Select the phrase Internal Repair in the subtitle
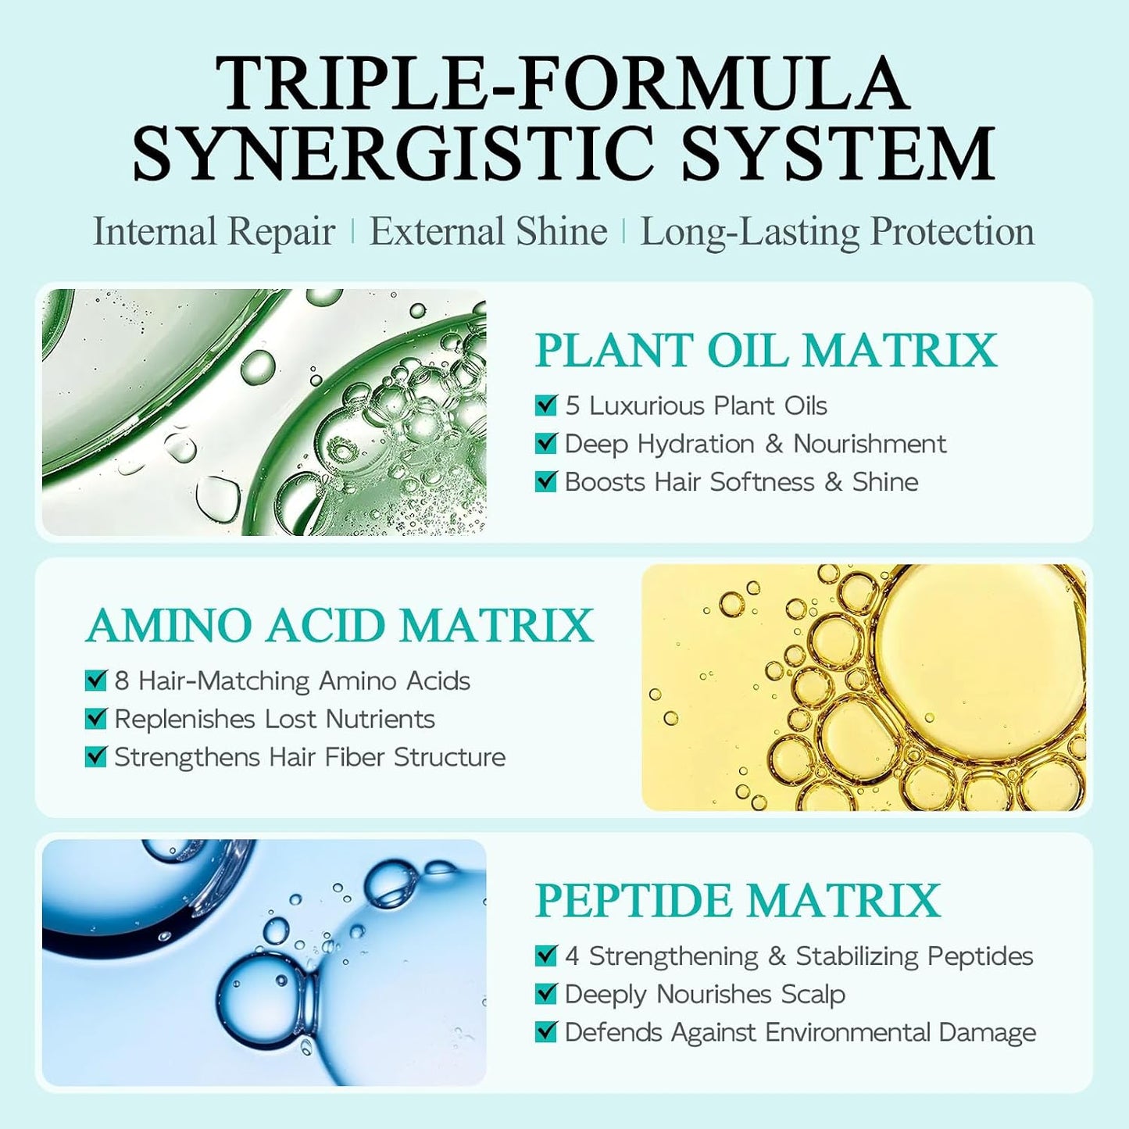pyautogui.click(x=214, y=232)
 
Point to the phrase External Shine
pyautogui.click(x=488, y=231)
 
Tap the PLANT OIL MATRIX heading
pyautogui.click(x=766, y=350)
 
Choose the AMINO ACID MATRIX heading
pyautogui.click(x=339, y=626)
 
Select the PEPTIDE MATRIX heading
pyautogui.click(x=738, y=901)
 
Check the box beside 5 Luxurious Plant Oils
pyautogui.click(x=545, y=406)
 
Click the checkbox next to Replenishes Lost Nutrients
pyautogui.click(x=95, y=719)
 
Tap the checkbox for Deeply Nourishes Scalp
pyautogui.click(x=545, y=995)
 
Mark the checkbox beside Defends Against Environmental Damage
pyautogui.click(x=545, y=1032)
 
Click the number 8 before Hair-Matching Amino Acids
pyautogui.click(x=122, y=681)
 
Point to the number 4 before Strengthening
pyautogui.click(x=573, y=957)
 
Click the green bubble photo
pyautogui.click(x=264, y=412)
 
